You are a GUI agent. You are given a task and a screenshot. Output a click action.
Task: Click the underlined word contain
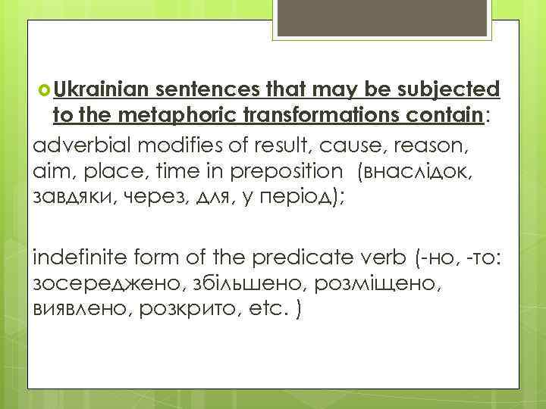(x=447, y=114)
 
